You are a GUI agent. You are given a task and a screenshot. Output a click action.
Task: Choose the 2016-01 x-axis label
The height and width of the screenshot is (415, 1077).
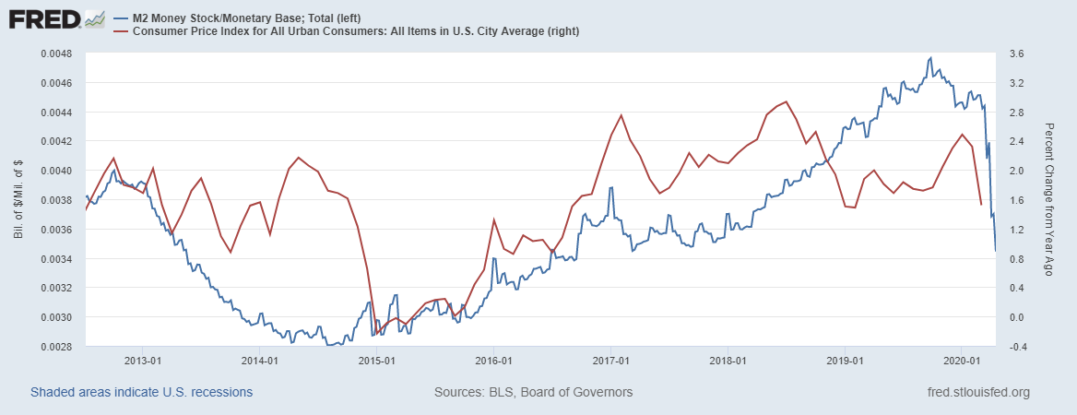493,360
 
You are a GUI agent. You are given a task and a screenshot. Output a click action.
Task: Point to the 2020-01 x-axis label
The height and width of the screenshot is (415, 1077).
962,360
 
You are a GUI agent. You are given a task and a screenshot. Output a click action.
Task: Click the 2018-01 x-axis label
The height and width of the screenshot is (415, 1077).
728,360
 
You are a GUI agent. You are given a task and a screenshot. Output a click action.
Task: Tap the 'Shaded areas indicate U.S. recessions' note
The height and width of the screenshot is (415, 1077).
141,393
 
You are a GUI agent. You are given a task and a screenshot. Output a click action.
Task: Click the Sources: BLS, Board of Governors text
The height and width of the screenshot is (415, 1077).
533,393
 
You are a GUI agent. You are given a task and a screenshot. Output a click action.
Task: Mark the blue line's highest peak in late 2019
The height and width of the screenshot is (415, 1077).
929,57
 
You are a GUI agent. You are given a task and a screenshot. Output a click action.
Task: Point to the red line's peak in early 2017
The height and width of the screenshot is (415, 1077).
621,115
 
